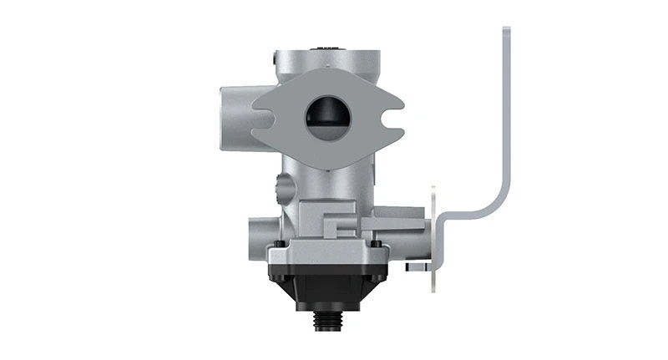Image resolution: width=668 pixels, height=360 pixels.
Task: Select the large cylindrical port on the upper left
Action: pyautogui.click(x=237, y=118)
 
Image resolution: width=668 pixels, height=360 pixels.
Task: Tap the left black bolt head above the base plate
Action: pyautogui.click(x=278, y=243)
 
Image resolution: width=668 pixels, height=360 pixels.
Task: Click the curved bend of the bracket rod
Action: pyautogui.click(x=493, y=205)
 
